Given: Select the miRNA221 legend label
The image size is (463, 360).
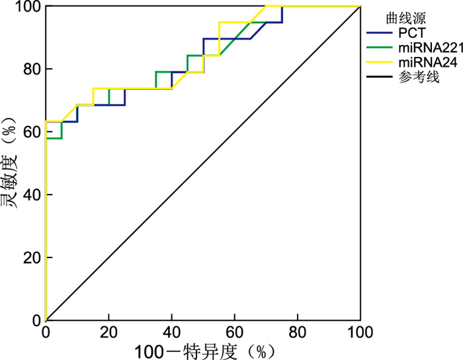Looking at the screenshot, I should [x=425, y=47].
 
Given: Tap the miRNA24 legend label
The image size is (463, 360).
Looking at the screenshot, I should [x=421, y=63].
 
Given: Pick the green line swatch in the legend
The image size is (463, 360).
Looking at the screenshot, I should [x=378, y=47].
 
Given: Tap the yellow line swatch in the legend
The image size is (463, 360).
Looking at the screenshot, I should [x=378, y=63].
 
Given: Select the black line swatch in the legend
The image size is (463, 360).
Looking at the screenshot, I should [x=378, y=78].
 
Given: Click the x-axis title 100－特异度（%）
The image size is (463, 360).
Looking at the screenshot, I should [x=202, y=349].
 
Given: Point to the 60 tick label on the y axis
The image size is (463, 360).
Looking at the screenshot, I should [x=28, y=132].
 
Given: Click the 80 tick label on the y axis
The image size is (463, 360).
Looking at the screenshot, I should [x=28, y=69].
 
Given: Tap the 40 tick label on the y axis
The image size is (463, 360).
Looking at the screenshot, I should [x=28, y=195].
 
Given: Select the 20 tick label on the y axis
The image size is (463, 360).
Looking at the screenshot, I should [x=28, y=257].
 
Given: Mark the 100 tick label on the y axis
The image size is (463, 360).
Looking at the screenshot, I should [x=25, y=7].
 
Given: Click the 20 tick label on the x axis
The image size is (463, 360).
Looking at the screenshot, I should [x=108, y=331].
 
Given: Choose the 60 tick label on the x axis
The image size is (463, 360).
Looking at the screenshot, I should [x=234, y=331].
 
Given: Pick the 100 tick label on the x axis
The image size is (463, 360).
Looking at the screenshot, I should [x=360, y=331].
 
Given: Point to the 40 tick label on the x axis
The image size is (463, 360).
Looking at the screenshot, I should [x=171, y=331].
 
